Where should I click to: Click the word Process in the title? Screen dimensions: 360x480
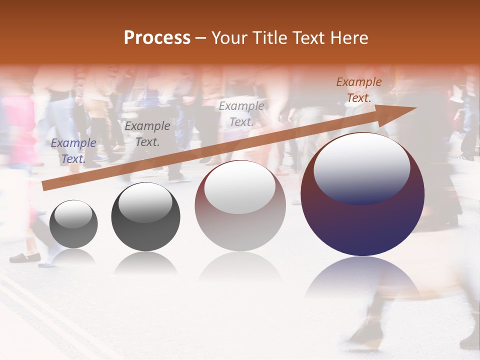click(157, 38)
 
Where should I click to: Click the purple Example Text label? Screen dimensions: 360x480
click(73, 151)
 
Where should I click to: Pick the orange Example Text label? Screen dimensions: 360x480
click(358, 90)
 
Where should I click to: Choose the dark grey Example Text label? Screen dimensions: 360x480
click(147, 134)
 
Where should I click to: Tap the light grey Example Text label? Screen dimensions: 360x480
click(241, 114)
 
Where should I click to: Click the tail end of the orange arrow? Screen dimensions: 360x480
click(44, 186)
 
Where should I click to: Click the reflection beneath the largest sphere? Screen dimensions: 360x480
click(362, 277)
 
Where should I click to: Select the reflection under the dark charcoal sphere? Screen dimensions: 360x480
click(145, 262)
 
